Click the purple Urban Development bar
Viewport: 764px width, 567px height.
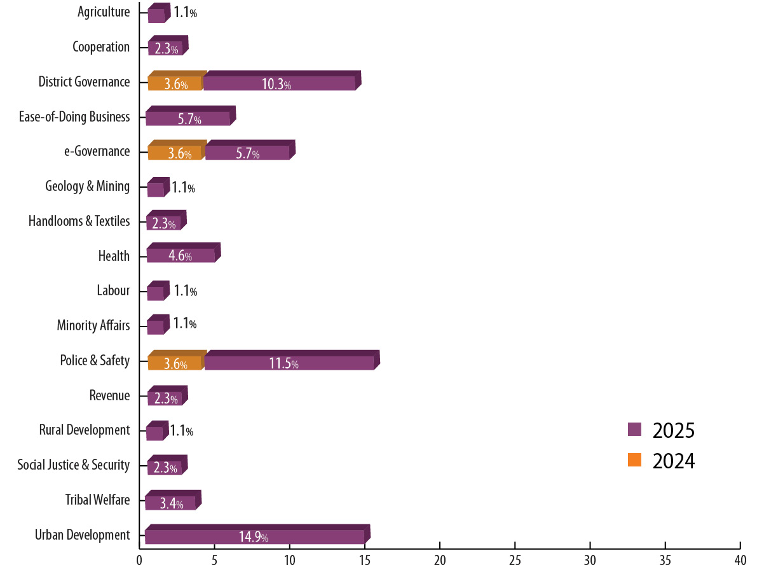tap(254, 536)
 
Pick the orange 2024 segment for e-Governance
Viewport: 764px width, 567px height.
tap(176, 153)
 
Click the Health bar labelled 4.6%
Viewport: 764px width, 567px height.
tap(181, 255)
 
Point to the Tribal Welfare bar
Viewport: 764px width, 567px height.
tap(170, 503)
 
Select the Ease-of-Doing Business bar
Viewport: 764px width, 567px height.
tap(188, 118)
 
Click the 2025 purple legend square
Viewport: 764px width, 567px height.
tap(634, 430)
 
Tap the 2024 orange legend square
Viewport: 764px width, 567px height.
tap(634, 460)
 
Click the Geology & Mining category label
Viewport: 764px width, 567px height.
tap(87, 186)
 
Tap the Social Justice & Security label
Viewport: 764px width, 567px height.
tap(73, 465)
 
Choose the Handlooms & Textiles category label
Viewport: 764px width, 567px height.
tap(79, 221)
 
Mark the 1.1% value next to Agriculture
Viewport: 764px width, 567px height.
tap(185, 12)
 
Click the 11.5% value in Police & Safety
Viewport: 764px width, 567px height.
tap(283, 364)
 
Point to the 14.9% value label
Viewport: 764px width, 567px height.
tap(254, 537)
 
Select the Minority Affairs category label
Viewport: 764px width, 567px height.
tap(93, 326)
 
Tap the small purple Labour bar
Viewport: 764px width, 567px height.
tap(156, 293)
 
